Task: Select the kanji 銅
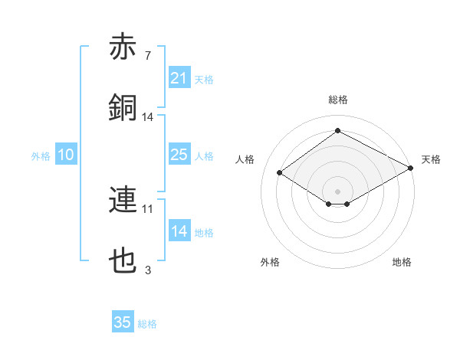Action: coord(123,107)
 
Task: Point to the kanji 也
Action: coord(123,261)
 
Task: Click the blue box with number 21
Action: coord(179,78)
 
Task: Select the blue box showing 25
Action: coord(179,155)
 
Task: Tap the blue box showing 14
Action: coord(179,231)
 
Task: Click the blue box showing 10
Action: coord(66,155)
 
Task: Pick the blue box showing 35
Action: coord(123,322)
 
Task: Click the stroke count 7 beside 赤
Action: coord(148,56)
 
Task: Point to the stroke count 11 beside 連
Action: coord(148,208)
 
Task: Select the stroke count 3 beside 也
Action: coord(148,270)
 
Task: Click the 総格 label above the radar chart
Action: coord(337,100)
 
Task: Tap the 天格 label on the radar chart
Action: coord(431,159)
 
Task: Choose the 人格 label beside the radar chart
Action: coord(245,159)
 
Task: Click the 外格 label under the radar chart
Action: coord(270,262)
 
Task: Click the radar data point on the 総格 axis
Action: coord(337,131)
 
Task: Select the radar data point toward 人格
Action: coord(280,173)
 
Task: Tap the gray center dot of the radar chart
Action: coord(337,191)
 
